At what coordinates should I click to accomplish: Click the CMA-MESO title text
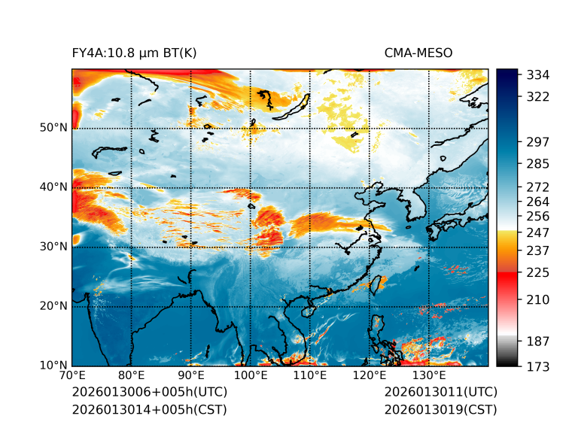click(x=418, y=53)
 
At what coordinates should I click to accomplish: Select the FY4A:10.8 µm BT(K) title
click(x=135, y=53)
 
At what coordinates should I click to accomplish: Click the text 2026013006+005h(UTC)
click(x=149, y=392)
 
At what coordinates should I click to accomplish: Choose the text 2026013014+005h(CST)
click(x=149, y=409)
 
